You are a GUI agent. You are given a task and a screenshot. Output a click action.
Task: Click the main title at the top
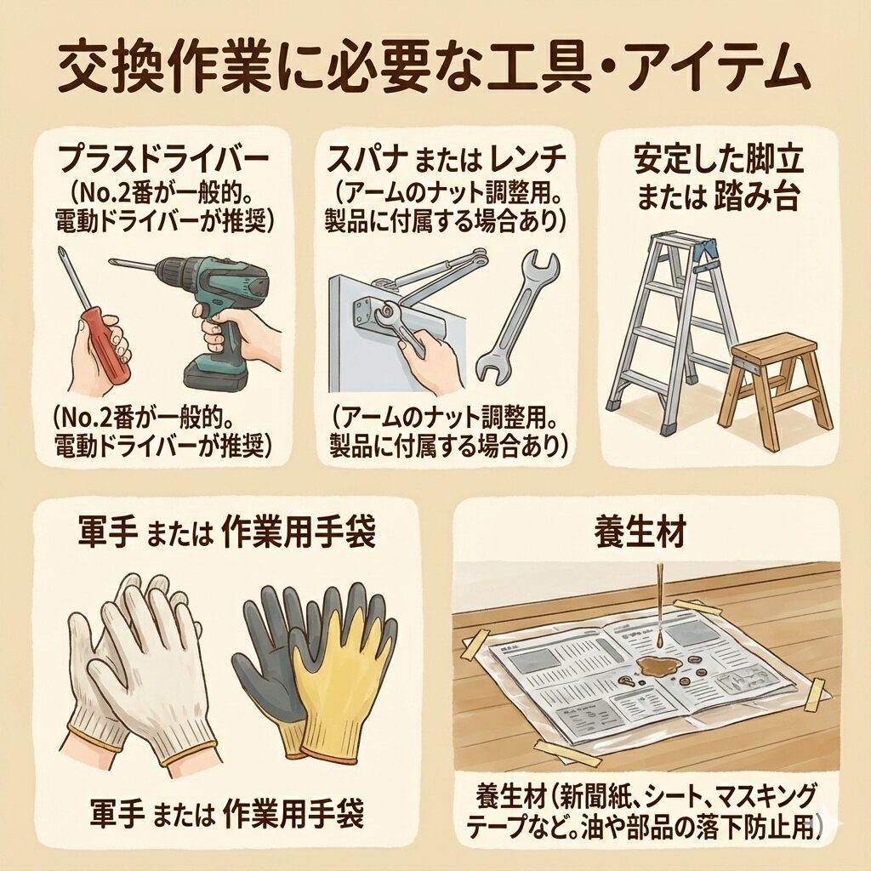tap(434, 71)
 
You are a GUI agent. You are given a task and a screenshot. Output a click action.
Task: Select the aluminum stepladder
tap(675, 327)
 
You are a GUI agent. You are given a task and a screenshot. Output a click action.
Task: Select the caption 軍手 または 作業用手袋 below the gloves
tap(227, 814)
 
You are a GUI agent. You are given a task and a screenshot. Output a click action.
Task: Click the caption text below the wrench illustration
tap(448, 430)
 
